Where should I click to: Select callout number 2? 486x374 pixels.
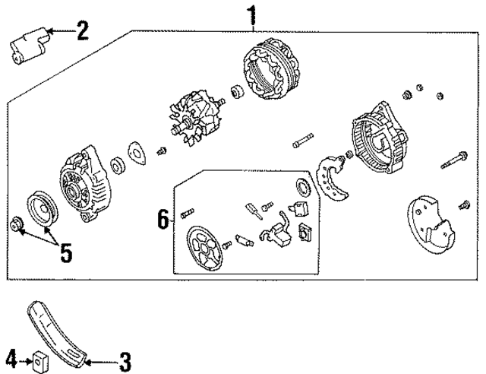coord(81,30)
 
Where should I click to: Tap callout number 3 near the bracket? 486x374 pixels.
coord(124,357)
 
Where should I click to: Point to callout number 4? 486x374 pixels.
coord(11,357)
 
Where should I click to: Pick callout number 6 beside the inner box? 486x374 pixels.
coord(161,220)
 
